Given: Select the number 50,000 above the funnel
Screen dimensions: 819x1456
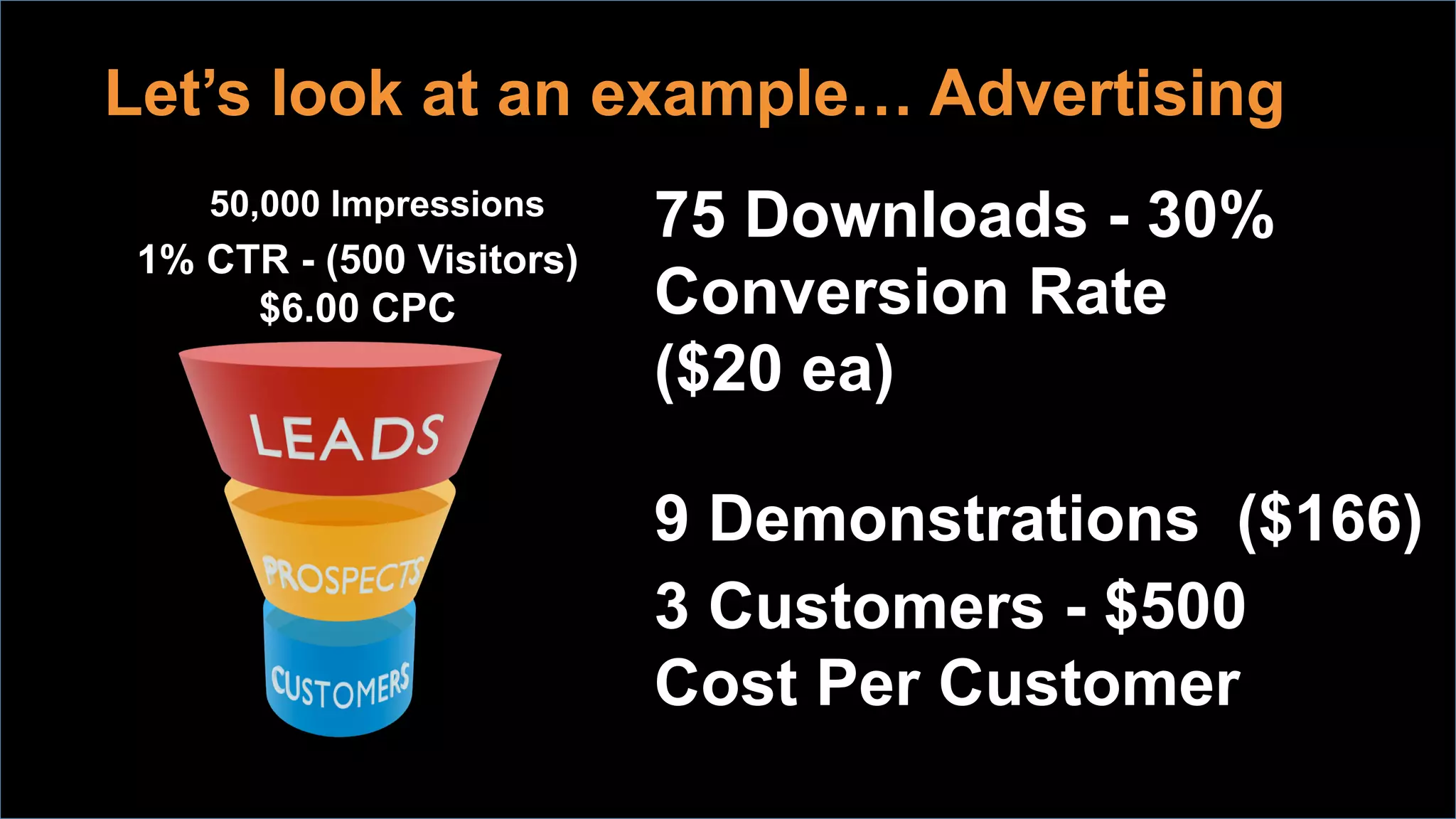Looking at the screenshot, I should [265, 205].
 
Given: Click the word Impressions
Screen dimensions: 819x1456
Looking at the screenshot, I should [437, 205].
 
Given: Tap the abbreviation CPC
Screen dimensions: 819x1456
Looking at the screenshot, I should [413, 308].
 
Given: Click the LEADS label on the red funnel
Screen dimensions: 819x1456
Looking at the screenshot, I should [346, 437].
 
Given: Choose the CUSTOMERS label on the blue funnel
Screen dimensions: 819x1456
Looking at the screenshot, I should [341, 685].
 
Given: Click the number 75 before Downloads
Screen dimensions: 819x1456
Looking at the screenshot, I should [690, 215].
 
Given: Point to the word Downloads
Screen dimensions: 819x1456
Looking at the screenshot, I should [916, 215].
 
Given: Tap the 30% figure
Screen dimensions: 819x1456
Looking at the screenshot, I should [1210, 215].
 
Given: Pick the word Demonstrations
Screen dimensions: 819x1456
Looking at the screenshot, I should [954, 519].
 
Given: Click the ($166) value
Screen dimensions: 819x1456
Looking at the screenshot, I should [1329, 519].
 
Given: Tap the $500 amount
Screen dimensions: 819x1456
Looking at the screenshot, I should [1174, 606].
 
